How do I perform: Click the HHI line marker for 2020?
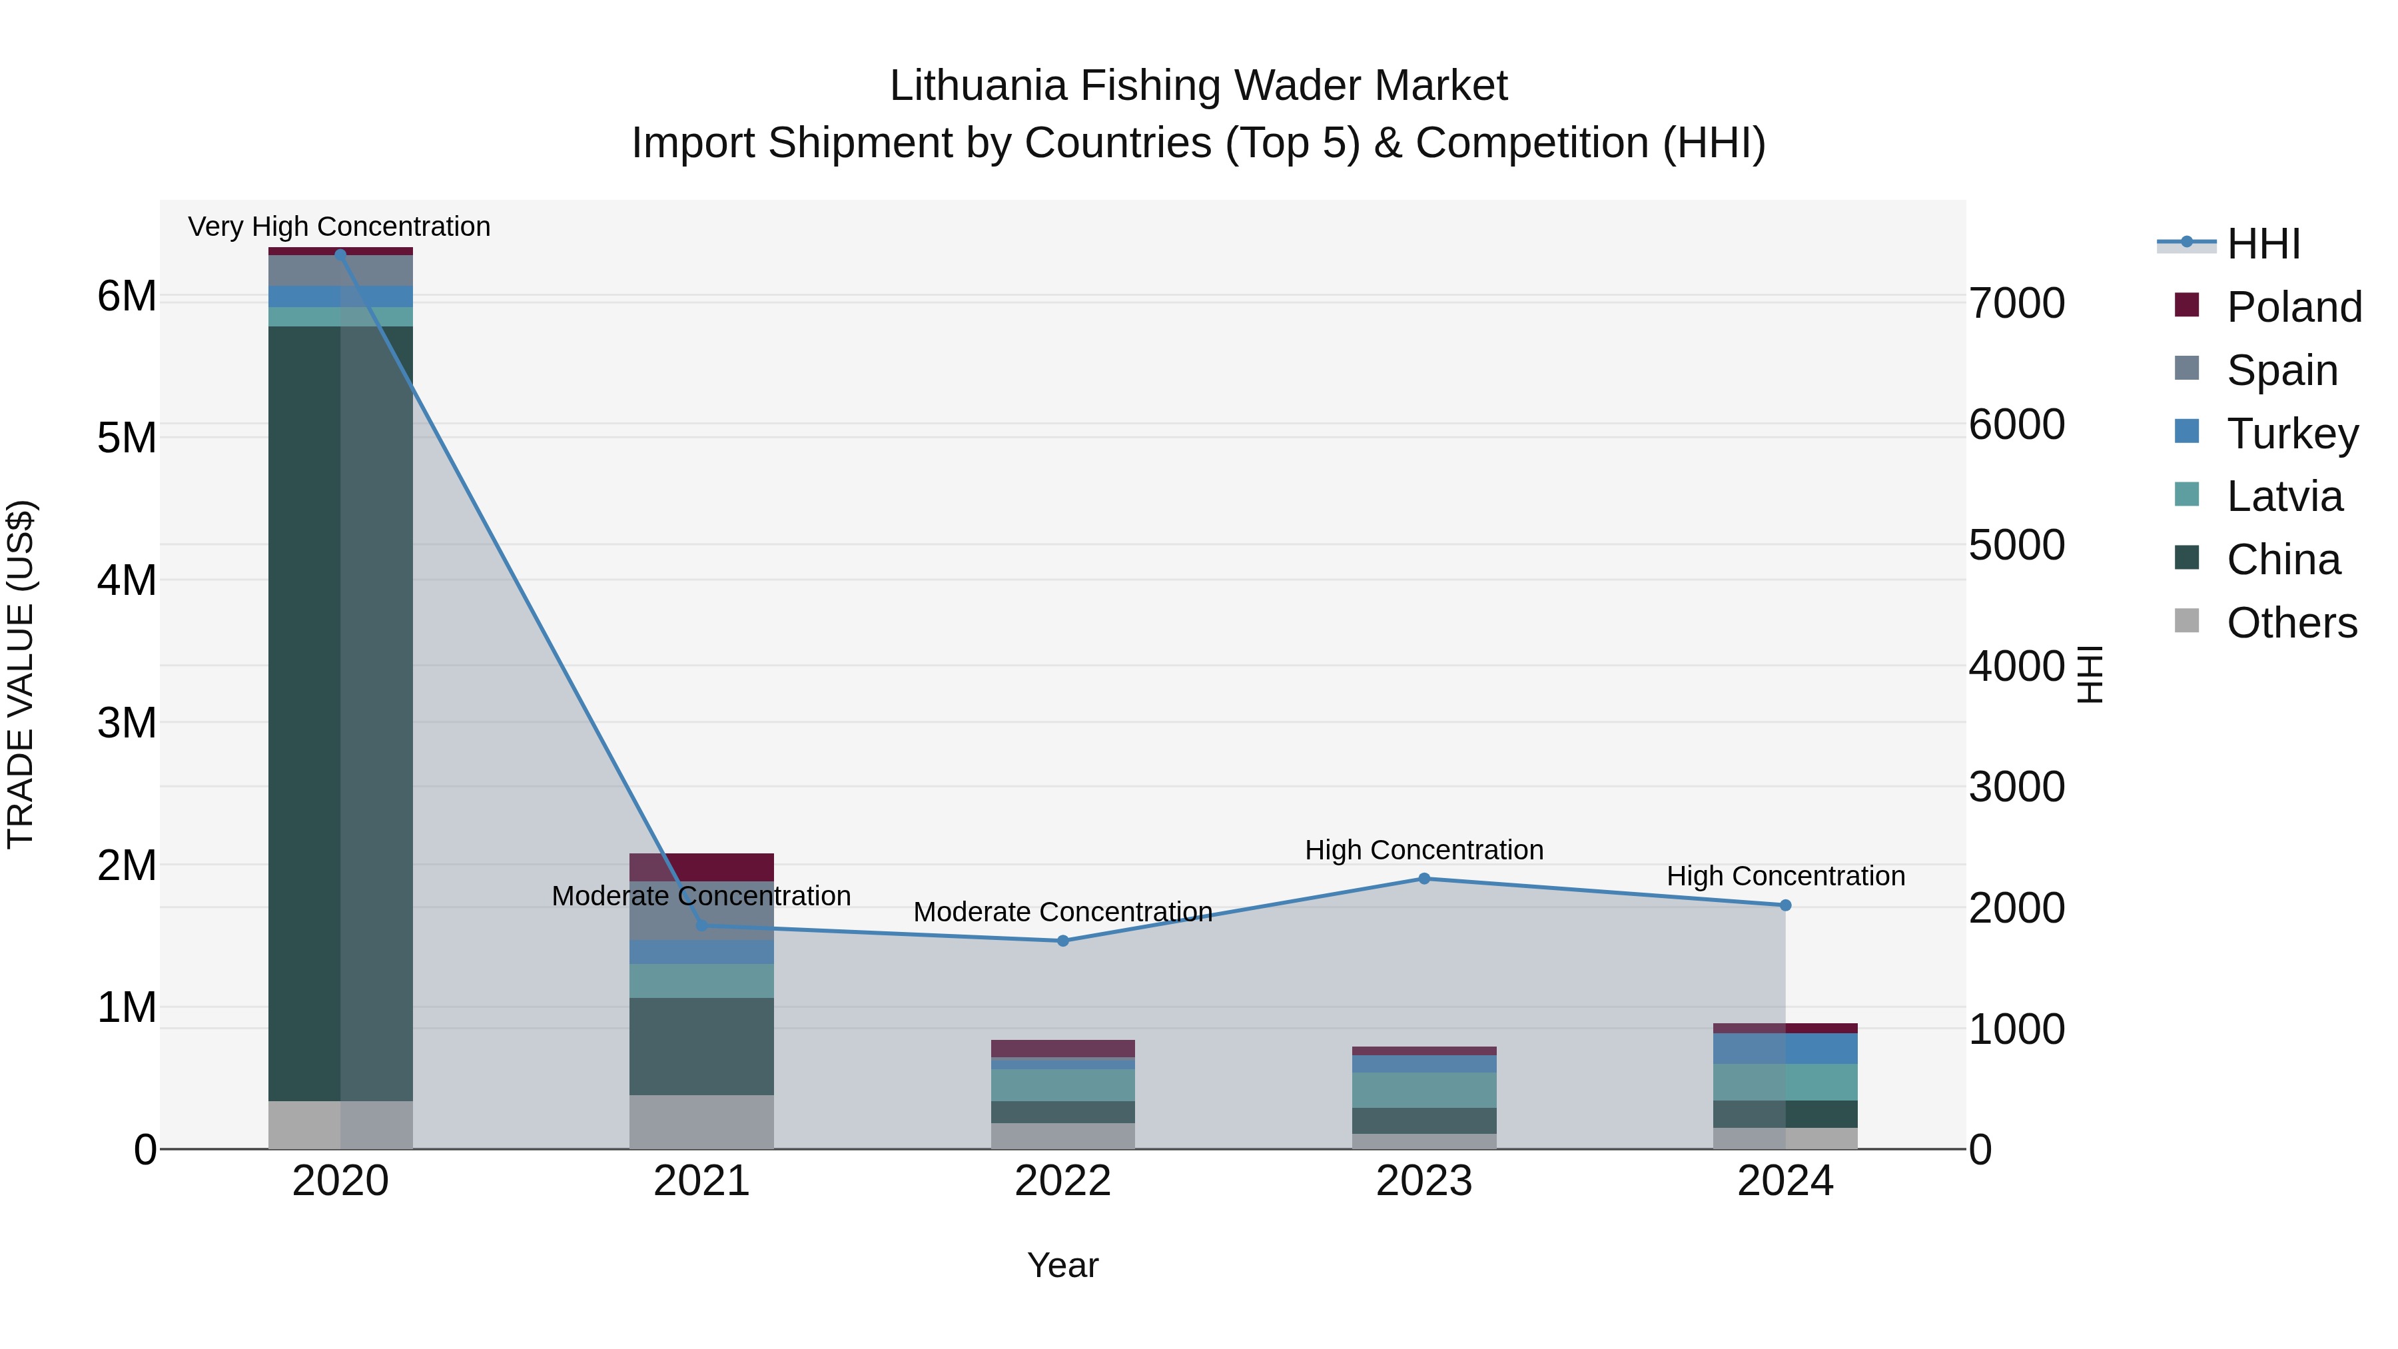(340, 254)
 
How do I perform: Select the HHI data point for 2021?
(702, 925)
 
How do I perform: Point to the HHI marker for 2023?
(1423, 878)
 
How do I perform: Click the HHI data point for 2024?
(1785, 905)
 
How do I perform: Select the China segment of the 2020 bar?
(340, 712)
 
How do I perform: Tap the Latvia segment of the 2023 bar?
(1423, 1089)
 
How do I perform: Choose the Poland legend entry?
(2293, 307)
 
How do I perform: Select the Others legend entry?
(2291, 623)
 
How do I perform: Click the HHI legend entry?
(2263, 244)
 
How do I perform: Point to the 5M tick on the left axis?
(127, 438)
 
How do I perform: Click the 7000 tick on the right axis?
(2017, 304)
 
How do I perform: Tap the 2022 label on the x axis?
(1062, 1181)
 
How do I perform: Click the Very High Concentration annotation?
(339, 226)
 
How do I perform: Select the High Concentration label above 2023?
(1423, 850)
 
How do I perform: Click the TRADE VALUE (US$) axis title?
(21, 674)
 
